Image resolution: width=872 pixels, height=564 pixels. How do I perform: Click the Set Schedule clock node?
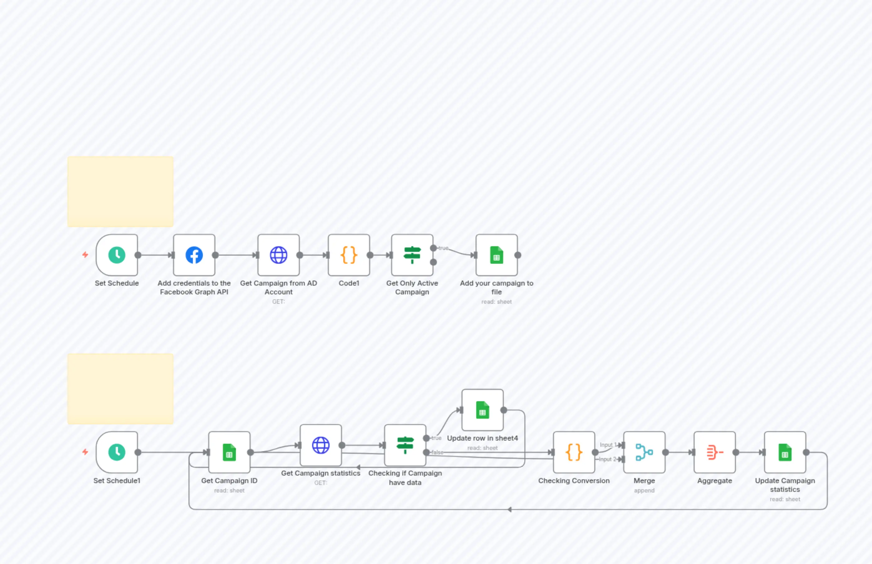coord(117,255)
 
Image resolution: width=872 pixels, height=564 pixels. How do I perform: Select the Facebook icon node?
coord(194,255)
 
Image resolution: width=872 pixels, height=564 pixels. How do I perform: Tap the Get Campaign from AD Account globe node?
coord(278,255)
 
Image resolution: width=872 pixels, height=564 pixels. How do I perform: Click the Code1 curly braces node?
coord(349,255)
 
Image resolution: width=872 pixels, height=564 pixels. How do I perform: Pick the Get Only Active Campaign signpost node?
coord(412,255)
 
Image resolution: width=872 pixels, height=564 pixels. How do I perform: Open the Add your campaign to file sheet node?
coord(496,255)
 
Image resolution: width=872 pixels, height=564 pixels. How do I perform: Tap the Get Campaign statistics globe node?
coord(321,445)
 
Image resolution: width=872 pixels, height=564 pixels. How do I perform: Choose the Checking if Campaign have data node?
coord(405,445)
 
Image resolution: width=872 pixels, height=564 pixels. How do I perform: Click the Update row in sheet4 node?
coord(483,410)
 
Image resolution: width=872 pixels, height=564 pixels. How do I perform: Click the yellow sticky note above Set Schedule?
coord(120,192)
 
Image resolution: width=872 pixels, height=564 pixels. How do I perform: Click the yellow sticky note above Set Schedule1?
coord(120,389)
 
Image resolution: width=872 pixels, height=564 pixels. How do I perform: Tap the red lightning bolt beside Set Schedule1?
coord(85,452)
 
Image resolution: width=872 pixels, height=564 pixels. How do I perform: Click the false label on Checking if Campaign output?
coord(437,452)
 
